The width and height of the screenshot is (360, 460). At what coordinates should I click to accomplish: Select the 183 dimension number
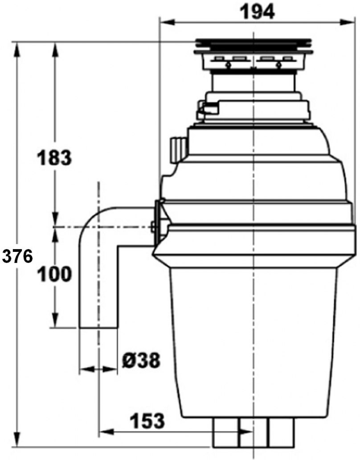coord(54,157)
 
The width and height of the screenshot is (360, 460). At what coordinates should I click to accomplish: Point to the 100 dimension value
coord(54,274)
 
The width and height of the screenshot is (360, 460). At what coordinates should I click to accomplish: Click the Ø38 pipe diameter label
coord(141,361)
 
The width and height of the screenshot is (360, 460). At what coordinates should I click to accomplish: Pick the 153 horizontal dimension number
coord(147,420)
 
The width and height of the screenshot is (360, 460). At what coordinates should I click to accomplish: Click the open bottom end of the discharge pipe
coord(98,327)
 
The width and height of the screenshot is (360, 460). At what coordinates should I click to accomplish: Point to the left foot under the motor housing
coord(225,432)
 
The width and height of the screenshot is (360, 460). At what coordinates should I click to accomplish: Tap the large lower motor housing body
coord(254,339)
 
